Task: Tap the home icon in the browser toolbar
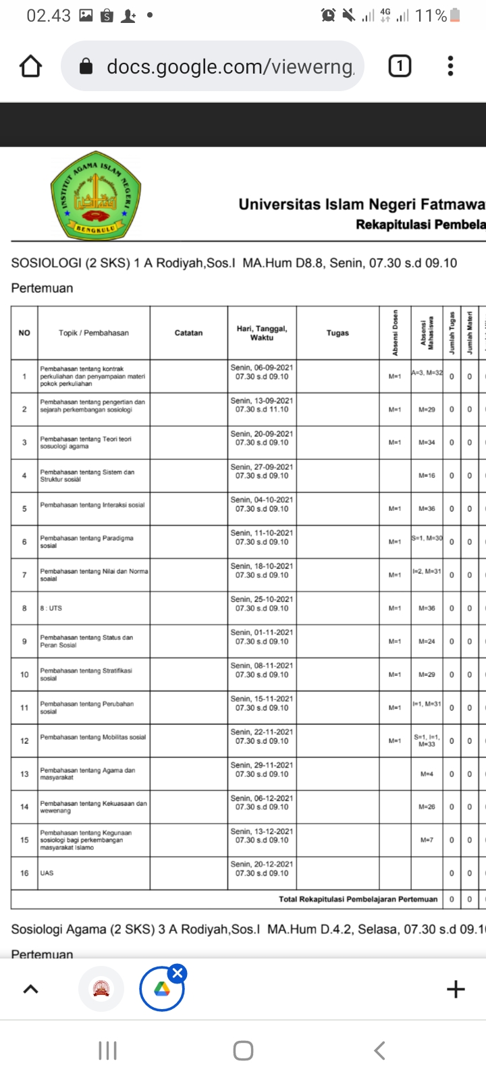30,66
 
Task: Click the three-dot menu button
450,66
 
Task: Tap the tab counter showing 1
400,66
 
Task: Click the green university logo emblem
96,196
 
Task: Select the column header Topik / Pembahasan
94,333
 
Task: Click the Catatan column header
188,333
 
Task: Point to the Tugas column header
337,333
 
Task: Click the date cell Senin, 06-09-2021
262,372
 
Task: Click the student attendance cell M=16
427,476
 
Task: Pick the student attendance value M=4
427,774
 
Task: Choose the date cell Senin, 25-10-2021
262,603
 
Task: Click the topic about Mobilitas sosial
93,737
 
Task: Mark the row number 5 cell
24,509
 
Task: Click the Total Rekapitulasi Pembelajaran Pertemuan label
358,899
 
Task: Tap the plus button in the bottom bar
456,990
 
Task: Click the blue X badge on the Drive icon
178,973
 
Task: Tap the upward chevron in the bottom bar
30,990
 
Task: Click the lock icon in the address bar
86,66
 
